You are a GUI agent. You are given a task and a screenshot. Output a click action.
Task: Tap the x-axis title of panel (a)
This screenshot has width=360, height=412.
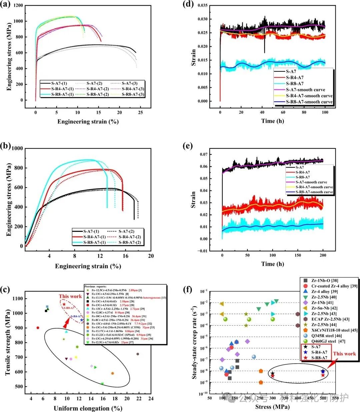[x=88, y=121]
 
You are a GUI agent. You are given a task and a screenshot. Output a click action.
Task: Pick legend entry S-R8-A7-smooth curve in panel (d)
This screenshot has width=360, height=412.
[x=309, y=102]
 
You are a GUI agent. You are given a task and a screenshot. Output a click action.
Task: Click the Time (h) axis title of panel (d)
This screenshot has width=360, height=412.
[x=273, y=121]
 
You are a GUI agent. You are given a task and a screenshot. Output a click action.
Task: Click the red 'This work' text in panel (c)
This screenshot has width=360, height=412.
[x=70, y=296]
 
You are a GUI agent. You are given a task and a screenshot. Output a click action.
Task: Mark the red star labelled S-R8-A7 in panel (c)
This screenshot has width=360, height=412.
[x=64, y=304]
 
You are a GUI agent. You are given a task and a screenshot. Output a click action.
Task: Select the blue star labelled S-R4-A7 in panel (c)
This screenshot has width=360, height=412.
[x=82, y=320]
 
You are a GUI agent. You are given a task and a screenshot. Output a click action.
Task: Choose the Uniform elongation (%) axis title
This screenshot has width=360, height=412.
[x=88, y=408]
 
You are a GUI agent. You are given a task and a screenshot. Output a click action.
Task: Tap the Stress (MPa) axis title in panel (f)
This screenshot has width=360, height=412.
[x=272, y=407]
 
